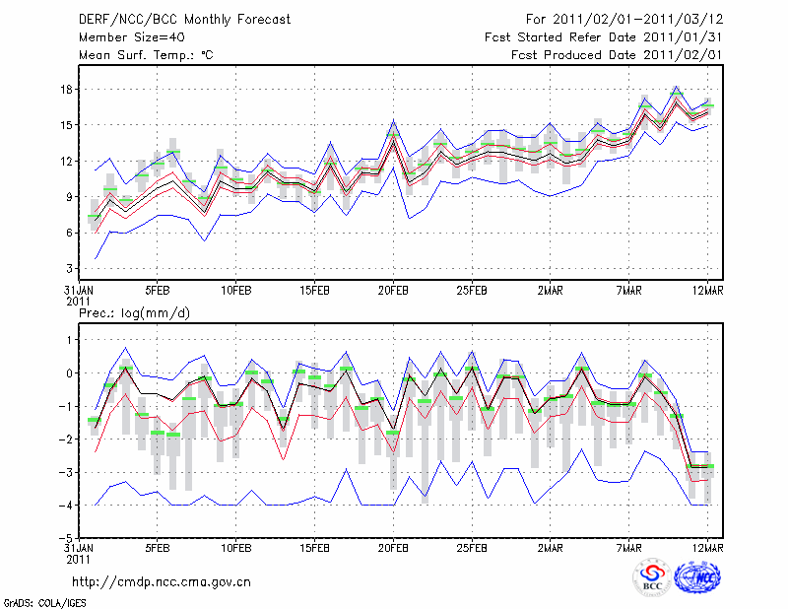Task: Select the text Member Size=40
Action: [x=122, y=37]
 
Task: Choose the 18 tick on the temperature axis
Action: [x=67, y=89]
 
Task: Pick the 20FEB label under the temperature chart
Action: [x=393, y=292]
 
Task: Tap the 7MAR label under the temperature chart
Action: [x=629, y=292]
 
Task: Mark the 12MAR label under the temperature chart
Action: [x=708, y=292]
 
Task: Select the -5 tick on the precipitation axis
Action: [x=66, y=538]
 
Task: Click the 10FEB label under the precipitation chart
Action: [x=235, y=548]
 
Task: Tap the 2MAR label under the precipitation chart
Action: [x=551, y=548]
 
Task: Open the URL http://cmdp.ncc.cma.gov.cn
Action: [x=162, y=581]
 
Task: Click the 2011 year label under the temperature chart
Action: [x=77, y=302]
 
